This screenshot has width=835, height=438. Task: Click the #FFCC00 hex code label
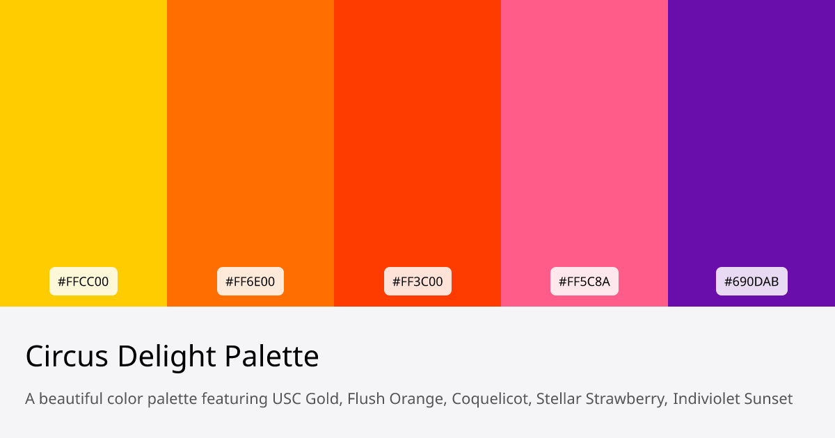pos(83,282)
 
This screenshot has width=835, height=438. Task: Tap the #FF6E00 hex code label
pos(250,282)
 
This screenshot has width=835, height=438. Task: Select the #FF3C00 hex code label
pos(417,282)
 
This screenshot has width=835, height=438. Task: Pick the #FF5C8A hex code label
pos(584,282)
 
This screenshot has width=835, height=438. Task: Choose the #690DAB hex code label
pos(751,282)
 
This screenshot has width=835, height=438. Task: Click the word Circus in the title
pos(67,357)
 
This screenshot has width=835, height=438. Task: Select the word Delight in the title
pos(166,357)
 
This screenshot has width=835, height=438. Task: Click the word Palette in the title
pos(271,357)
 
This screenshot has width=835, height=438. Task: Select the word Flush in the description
pos(364,399)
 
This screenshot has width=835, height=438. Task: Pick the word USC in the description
pos(287,399)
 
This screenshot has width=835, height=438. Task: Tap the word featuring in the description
pos(237,399)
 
